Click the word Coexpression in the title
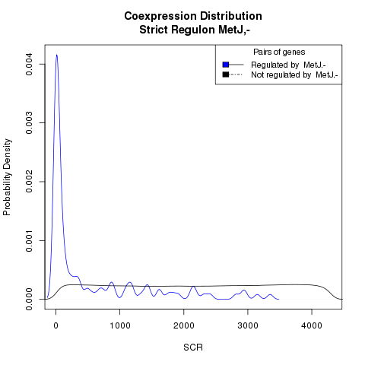point(160,17)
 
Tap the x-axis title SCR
point(193,348)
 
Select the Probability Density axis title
point(8,177)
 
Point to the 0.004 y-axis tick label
point(29,65)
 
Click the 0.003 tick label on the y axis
point(29,123)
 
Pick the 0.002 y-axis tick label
point(29,182)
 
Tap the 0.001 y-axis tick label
point(29,240)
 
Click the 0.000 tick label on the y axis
point(29,299)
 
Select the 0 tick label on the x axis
point(56,325)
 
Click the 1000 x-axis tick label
point(120,325)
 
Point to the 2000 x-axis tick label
point(184,325)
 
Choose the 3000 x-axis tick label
point(248,325)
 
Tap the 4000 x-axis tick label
point(312,325)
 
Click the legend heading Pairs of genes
point(279,52)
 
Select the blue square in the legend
point(226,65)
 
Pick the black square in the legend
point(226,75)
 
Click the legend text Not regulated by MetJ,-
point(294,75)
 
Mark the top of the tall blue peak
point(57,55)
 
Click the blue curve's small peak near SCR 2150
point(193,286)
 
